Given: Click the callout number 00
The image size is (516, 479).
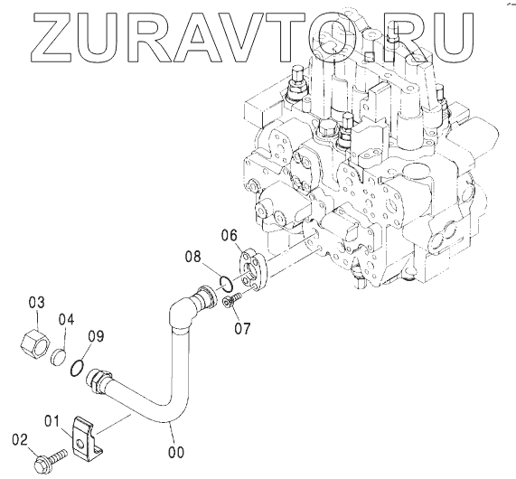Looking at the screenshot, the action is click(176, 452).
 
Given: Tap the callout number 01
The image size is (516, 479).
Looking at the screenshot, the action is click(52, 421).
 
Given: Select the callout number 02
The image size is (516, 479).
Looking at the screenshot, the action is click(20, 440).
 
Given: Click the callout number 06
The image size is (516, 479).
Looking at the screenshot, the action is click(229, 235).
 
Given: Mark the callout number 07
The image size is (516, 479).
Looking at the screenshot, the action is click(242, 328).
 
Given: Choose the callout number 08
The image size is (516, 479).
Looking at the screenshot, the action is click(192, 257).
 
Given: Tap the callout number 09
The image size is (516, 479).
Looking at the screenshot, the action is click(96, 336).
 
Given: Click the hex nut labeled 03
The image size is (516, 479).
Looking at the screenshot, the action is click(35, 344).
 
